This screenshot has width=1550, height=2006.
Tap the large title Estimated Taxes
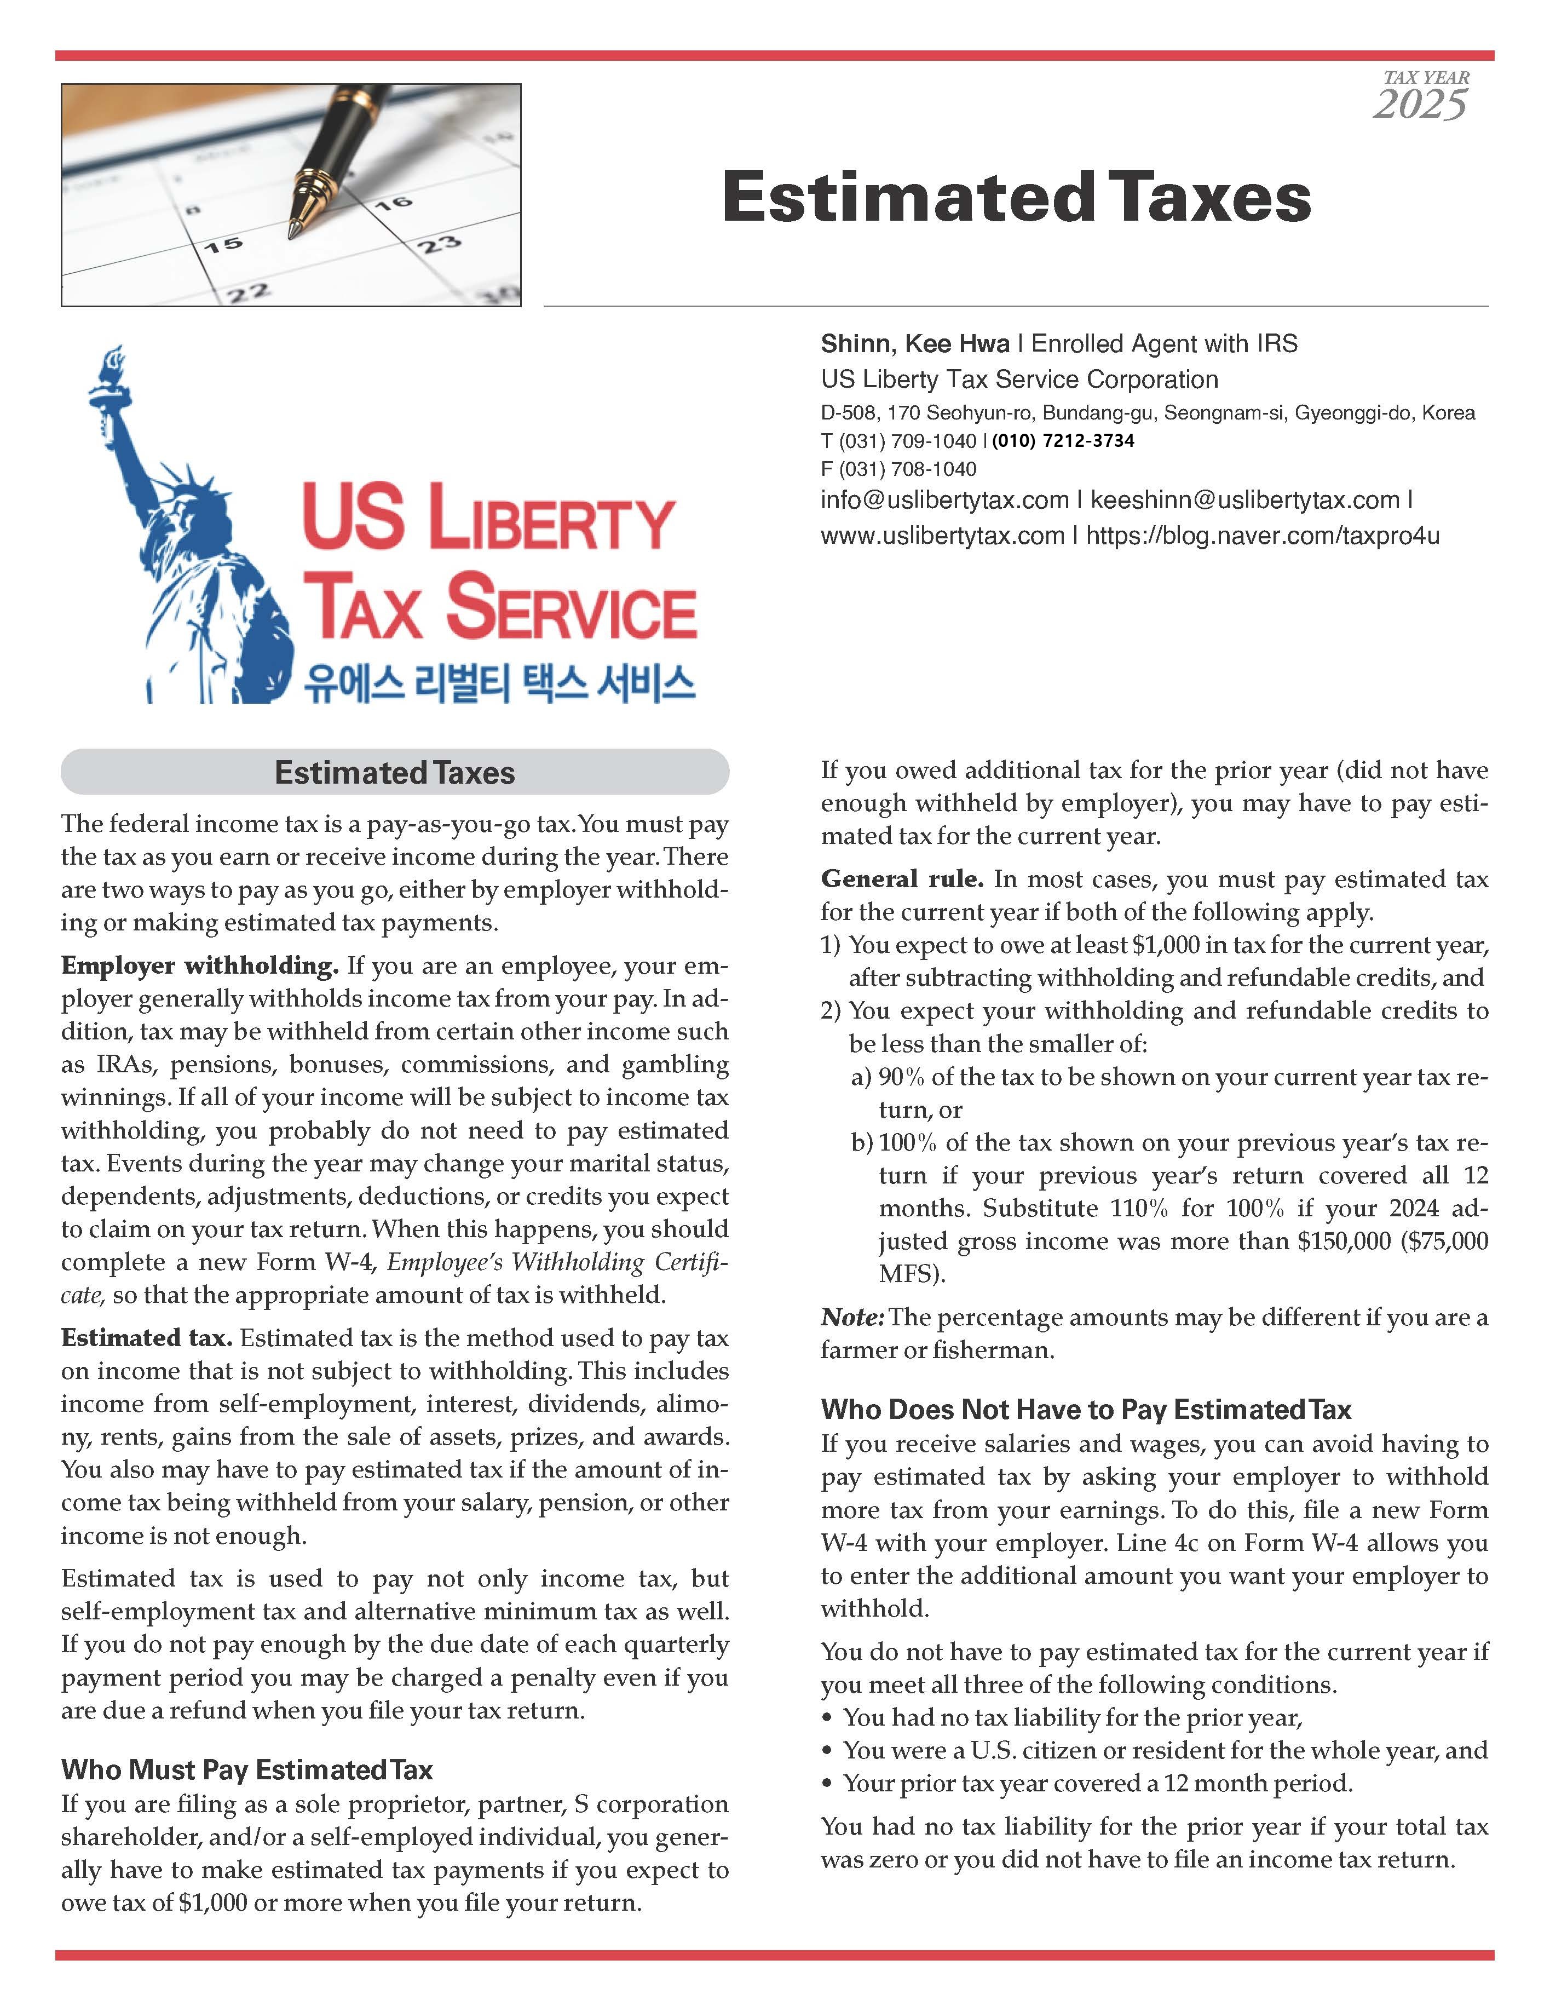pyautogui.click(x=1017, y=198)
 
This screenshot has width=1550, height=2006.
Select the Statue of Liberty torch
pyautogui.click(x=112, y=362)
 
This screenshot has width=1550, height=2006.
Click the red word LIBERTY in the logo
pyautogui.click(x=551, y=520)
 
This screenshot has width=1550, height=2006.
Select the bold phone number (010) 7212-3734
pyautogui.click(x=1062, y=441)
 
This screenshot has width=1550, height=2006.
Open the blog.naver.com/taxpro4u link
pyautogui.click(x=1263, y=536)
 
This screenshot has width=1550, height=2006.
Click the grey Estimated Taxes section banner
pyautogui.click(x=395, y=773)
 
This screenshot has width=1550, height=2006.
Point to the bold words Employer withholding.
pyautogui.click(x=200, y=965)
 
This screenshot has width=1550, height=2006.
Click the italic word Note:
pyautogui.click(x=852, y=1317)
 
